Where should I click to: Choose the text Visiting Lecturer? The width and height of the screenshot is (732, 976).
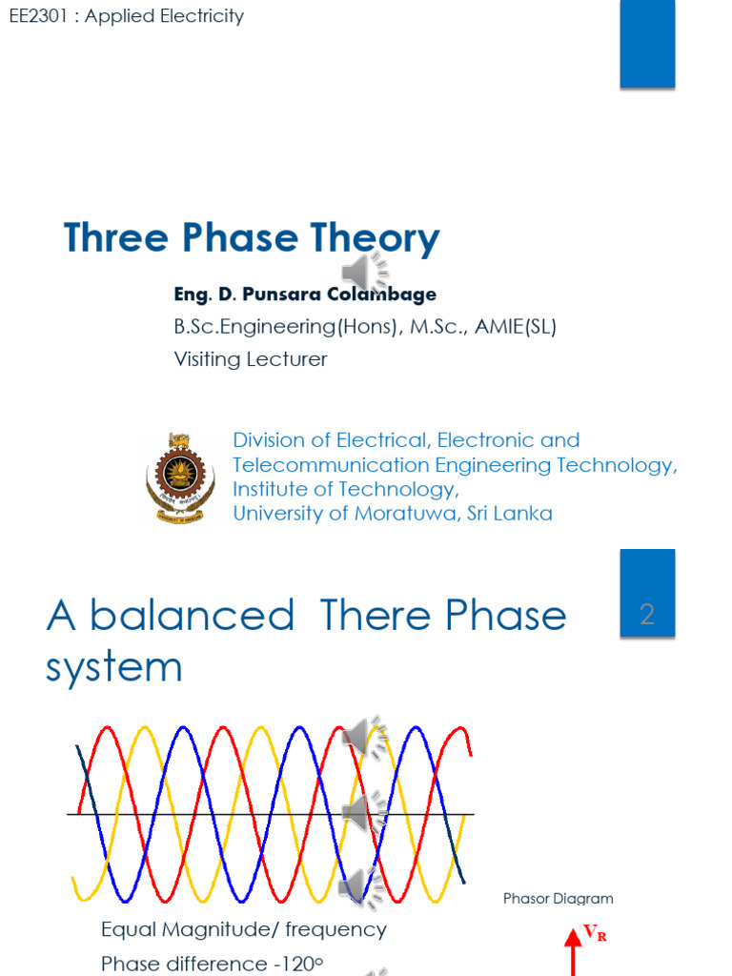coord(250,359)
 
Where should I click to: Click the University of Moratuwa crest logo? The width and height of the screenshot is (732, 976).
coord(174,476)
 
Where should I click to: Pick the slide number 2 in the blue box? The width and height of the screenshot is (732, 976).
coord(647,615)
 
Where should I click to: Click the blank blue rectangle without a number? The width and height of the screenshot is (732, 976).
coord(647,44)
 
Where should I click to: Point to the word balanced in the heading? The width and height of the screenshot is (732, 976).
coord(193,616)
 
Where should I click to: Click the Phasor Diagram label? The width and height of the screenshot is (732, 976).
coord(558,899)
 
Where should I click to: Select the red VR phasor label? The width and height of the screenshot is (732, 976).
coord(595,935)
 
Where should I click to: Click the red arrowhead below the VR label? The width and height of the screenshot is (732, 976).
coord(573,941)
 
